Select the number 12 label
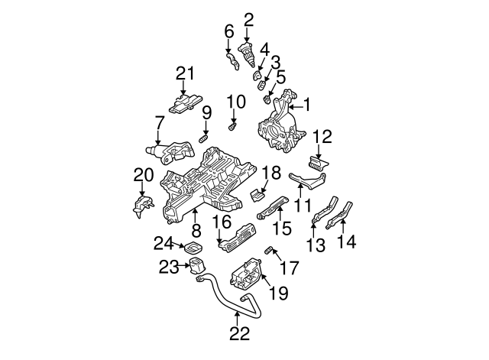point(322,137)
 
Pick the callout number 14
point(346,242)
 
